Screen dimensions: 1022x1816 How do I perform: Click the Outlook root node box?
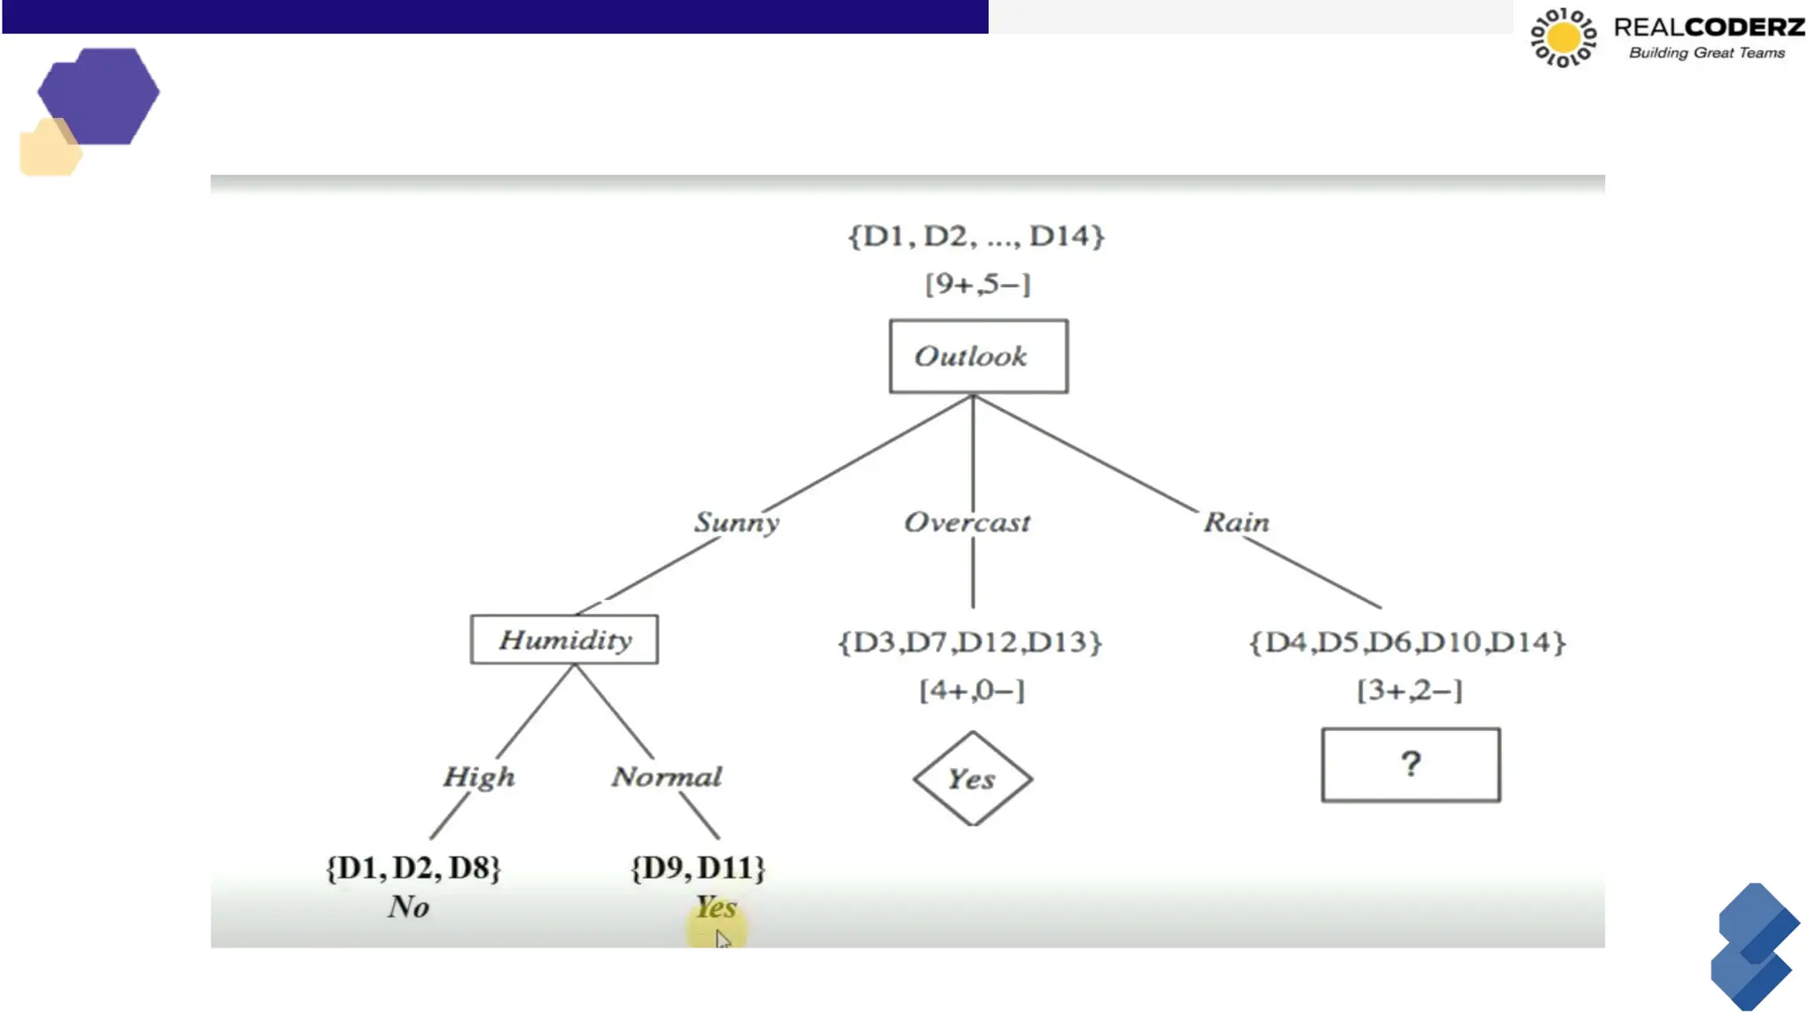click(x=978, y=356)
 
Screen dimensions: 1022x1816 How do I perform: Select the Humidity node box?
click(x=564, y=639)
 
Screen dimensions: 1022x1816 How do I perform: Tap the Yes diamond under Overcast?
click(x=972, y=779)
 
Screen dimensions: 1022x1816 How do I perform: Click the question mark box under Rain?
click(x=1410, y=765)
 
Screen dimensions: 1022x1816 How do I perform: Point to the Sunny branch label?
click(x=736, y=522)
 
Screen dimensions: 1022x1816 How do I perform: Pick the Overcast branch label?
click(x=967, y=522)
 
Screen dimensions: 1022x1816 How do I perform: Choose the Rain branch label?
click(x=1236, y=522)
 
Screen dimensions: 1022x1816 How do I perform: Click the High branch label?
click(x=479, y=776)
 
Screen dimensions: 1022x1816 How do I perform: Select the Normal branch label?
click(x=667, y=776)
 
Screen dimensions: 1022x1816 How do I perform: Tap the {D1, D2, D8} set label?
click(x=413, y=867)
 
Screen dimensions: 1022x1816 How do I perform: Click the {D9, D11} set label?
click(x=698, y=867)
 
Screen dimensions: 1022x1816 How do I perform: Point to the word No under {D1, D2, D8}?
click(x=409, y=907)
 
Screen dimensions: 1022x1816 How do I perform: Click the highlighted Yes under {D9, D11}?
click(x=716, y=908)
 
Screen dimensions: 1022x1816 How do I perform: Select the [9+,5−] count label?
click(x=977, y=284)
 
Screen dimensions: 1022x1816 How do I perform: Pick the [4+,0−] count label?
click(x=972, y=689)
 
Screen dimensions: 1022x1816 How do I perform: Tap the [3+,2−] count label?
click(x=1410, y=689)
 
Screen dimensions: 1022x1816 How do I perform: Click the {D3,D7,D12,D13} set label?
click(x=970, y=641)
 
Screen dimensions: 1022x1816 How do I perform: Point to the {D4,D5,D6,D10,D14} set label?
click(x=1407, y=641)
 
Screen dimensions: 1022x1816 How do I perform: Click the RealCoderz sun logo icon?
click(x=1563, y=37)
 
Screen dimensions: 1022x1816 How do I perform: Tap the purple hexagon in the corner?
click(x=99, y=96)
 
